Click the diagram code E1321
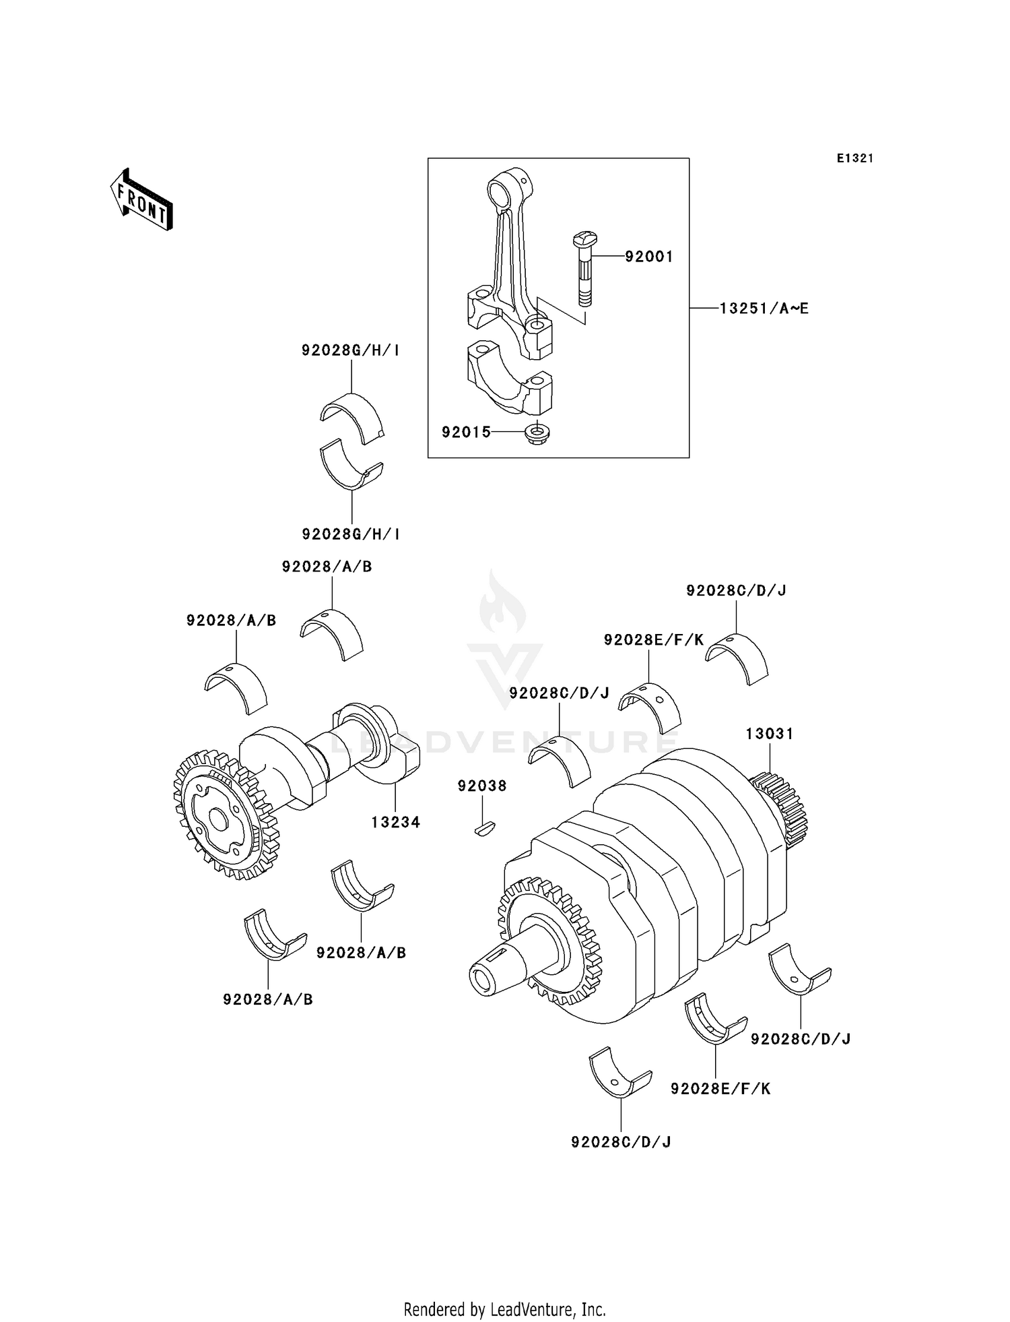(854, 158)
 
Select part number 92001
(648, 257)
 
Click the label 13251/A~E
(764, 309)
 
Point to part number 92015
(466, 432)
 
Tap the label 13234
(395, 822)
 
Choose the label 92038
(482, 786)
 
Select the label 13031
(769, 734)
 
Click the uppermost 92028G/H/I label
(351, 350)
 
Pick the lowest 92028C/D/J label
(621, 1141)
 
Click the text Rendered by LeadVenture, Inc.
(504, 1310)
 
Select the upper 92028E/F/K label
(653, 640)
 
